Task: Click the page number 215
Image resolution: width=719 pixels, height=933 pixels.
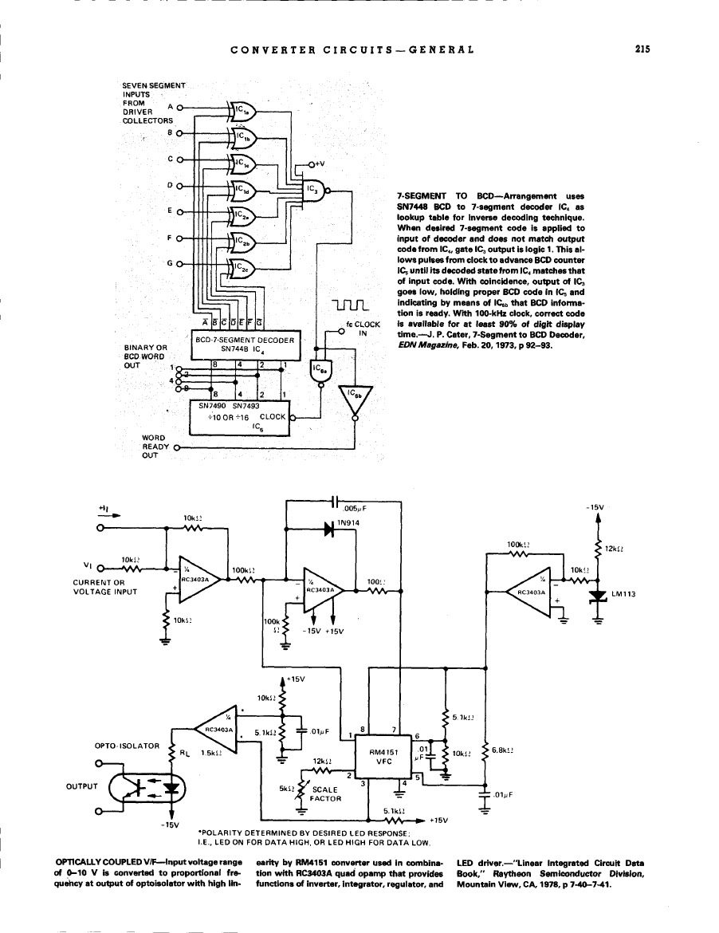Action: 643,48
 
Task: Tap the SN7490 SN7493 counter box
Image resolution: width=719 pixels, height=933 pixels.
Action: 238,415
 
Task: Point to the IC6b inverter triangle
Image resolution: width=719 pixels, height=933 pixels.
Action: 355,400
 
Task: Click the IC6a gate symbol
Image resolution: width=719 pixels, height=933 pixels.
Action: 320,372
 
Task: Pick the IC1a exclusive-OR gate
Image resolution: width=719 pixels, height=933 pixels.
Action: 242,110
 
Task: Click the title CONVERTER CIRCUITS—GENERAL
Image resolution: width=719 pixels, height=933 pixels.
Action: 352,49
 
